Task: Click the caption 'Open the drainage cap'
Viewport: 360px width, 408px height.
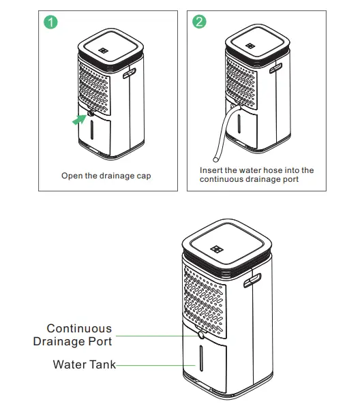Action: click(106, 176)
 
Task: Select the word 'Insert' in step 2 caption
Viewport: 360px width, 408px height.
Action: click(211, 170)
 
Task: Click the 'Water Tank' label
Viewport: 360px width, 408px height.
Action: click(84, 365)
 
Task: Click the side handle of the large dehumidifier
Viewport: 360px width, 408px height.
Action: click(256, 279)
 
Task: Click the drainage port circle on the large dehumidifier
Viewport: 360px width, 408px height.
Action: click(199, 335)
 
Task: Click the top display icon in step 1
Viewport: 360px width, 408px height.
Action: click(102, 50)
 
